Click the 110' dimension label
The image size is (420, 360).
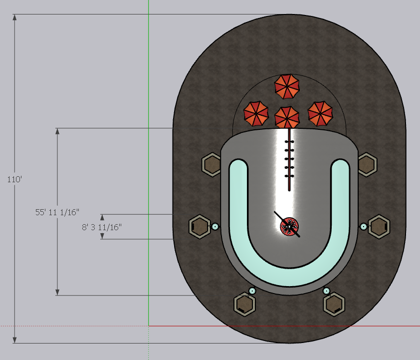click(x=14, y=179)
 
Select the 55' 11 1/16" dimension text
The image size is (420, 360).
click(x=57, y=212)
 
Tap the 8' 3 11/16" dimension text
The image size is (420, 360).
click(x=102, y=227)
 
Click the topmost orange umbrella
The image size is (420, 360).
click(x=287, y=86)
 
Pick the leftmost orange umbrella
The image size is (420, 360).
click(x=256, y=113)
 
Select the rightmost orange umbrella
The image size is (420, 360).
click(x=320, y=113)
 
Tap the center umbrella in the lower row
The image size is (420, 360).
click(x=287, y=117)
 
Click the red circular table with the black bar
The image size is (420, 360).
click(x=289, y=227)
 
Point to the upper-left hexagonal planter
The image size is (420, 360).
click(x=211, y=165)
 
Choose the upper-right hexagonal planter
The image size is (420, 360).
click(x=367, y=165)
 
